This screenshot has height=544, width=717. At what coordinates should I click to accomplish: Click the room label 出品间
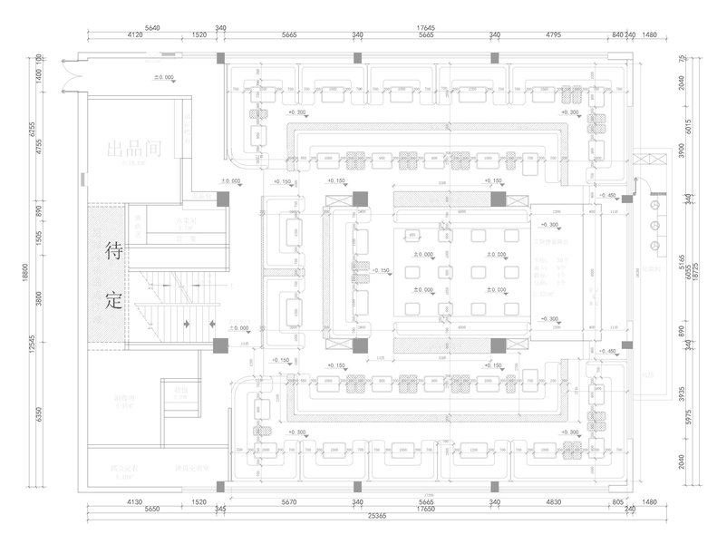133,150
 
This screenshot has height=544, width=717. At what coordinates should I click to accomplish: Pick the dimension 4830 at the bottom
553,501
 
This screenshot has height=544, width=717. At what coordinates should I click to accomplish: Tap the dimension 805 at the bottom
618,501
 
